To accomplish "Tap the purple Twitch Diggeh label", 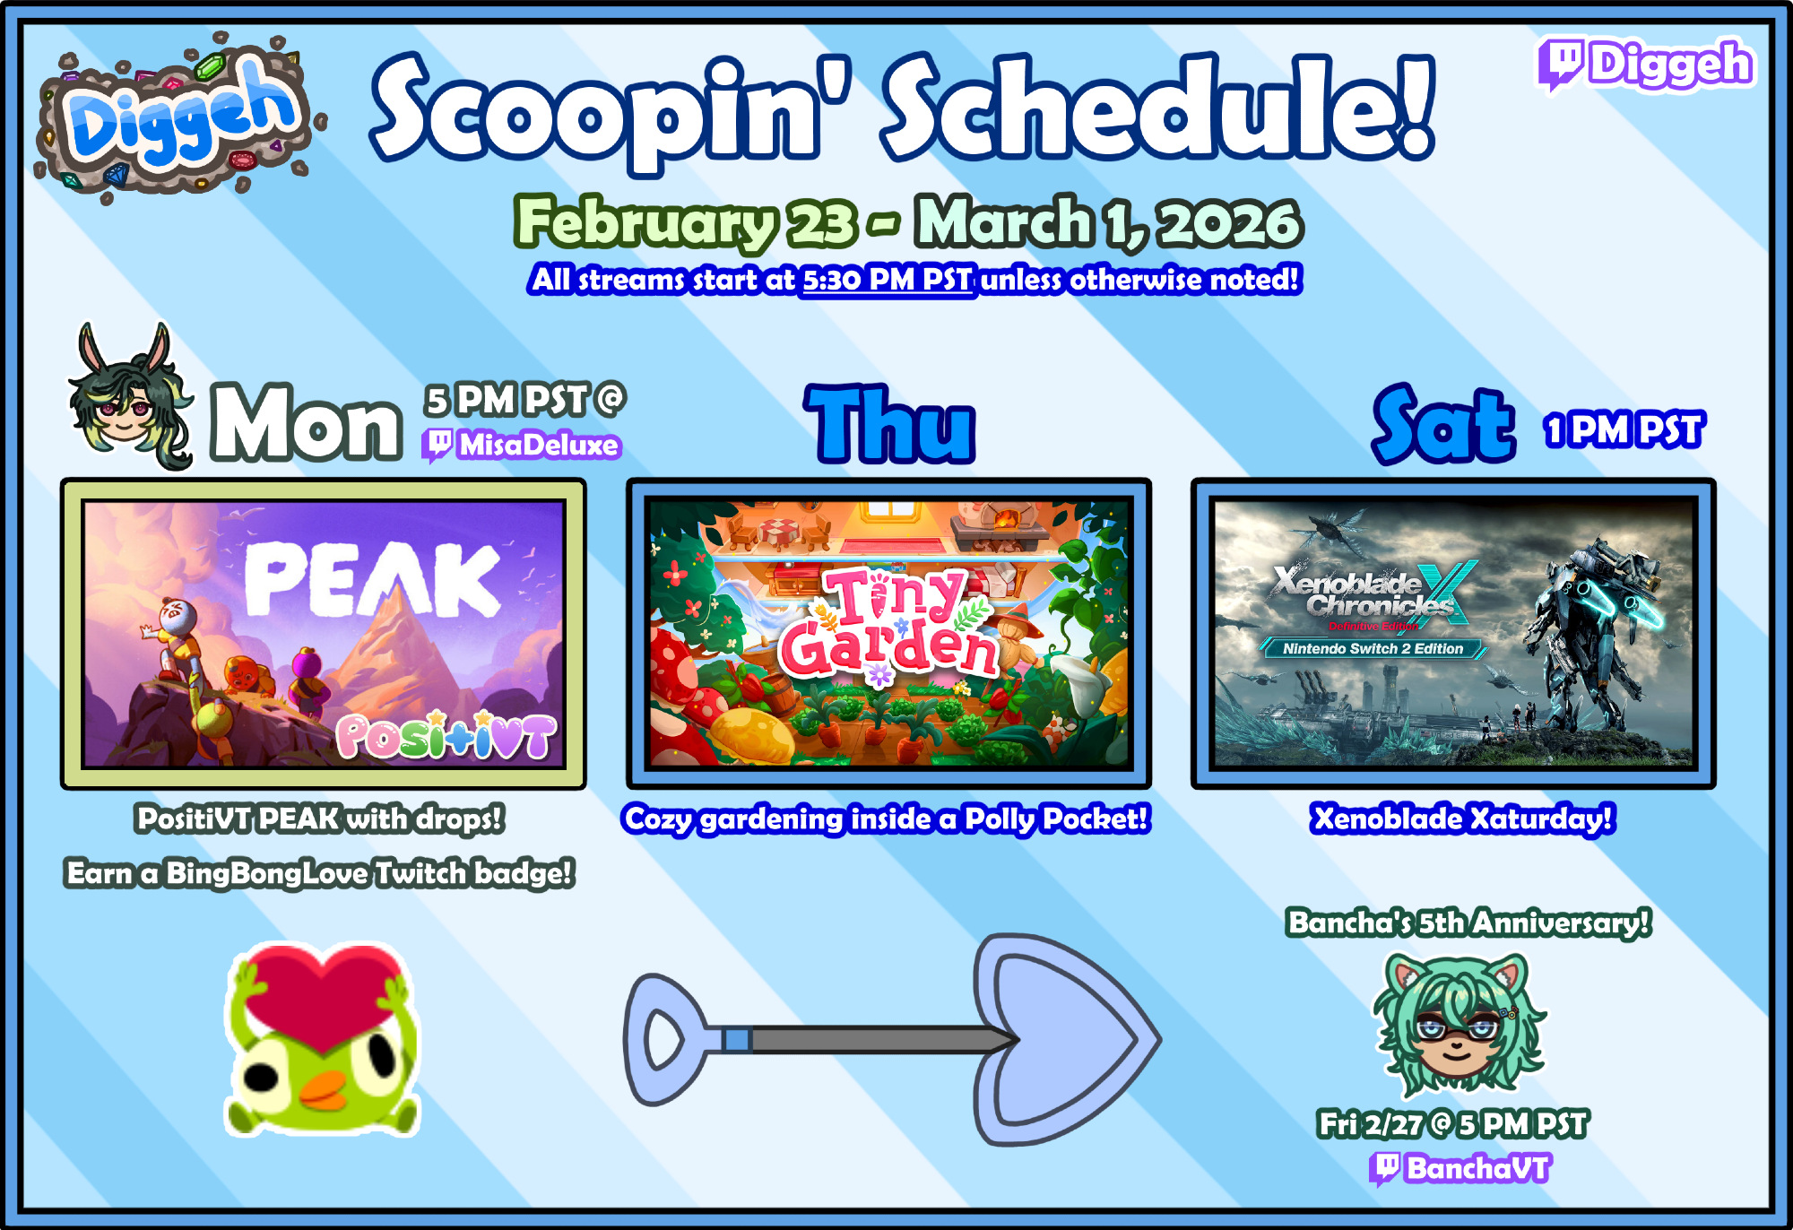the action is (x=1646, y=65).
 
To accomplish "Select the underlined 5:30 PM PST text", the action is (x=887, y=280).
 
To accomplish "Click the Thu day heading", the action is (x=889, y=423).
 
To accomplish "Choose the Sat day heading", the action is (x=1443, y=423).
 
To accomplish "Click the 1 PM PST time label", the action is (x=1624, y=430).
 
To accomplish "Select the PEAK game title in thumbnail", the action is (x=371, y=581).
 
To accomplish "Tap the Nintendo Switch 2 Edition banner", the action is (x=1373, y=648).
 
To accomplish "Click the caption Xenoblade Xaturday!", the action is (x=1462, y=819).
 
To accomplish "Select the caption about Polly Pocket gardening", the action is (x=886, y=819).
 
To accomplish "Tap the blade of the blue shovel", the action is (x=1067, y=1040).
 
